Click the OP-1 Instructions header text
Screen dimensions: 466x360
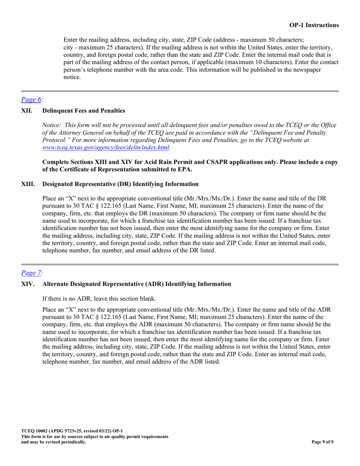[x=314, y=25]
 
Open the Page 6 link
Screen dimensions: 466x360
[x=31, y=100]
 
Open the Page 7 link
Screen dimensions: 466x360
[x=31, y=272]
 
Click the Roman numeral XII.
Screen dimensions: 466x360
[x=26, y=111]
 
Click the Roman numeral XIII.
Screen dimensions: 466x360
[x=27, y=184]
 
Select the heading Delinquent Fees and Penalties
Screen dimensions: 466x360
[x=83, y=111]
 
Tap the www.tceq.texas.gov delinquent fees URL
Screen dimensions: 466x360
[x=105, y=147]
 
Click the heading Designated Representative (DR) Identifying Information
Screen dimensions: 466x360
[x=120, y=184]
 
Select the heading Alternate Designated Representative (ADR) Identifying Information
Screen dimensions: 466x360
[x=136, y=284]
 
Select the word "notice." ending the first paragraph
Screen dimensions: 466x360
[x=72, y=77]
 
